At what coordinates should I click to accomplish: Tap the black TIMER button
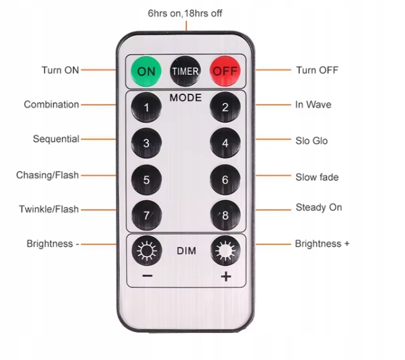tap(185, 71)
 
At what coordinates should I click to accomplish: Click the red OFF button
tap(225, 71)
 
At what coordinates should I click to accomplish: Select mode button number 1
tap(146, 108)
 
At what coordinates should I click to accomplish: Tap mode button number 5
tap(146, 179)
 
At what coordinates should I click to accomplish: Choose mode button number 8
tap(225, 215)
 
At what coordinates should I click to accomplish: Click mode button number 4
tap(225, 143)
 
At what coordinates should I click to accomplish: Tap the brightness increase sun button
tap(225, 251)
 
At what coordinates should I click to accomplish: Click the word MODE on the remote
tap(185, 98)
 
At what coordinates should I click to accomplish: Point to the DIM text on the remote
tap(186, 251)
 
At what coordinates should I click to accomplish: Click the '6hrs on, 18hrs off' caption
tap(185, 13)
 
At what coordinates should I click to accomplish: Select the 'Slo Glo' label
tap(311, 140)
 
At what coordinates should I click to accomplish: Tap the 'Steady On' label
tap(319, 207)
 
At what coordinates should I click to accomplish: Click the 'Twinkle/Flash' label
tap(48, 209)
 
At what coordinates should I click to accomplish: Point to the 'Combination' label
tap(52, 104)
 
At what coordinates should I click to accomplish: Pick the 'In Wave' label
tap(313, 104)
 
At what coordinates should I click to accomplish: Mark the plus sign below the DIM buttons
tap(226, 278)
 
